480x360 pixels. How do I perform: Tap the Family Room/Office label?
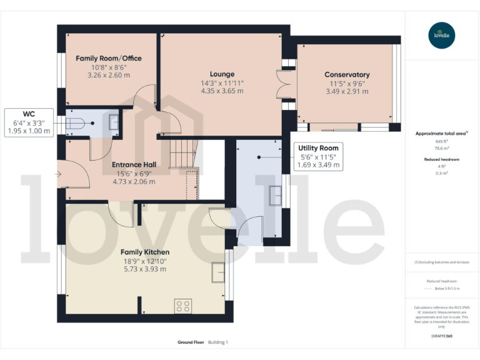109,58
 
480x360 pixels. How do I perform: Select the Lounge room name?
222,74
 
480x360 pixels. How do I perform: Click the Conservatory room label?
347,74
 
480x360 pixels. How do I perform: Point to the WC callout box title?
29,114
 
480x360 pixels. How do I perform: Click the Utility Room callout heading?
317,147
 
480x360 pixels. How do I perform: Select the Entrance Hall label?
134,164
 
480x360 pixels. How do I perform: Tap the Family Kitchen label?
144,252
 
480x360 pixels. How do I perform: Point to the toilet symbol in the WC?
74,123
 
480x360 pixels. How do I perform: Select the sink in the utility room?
275,196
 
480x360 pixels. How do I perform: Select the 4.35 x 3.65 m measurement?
222,91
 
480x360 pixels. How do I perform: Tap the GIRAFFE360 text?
442,337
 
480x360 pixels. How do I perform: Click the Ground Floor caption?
190,342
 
